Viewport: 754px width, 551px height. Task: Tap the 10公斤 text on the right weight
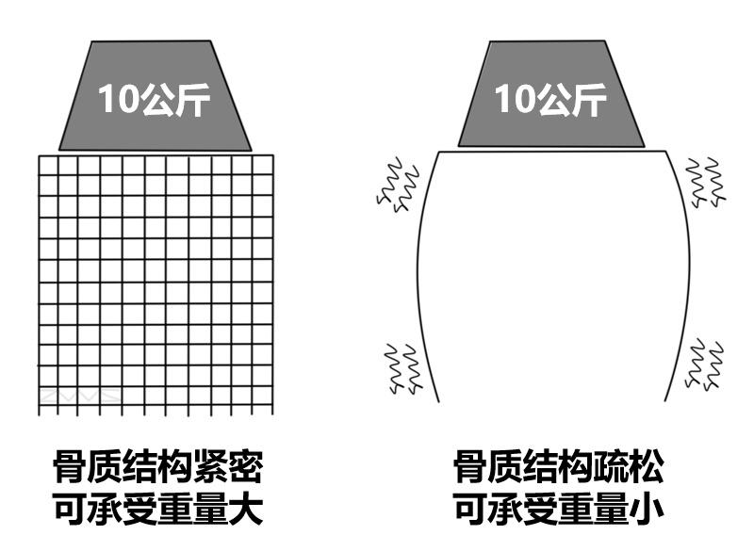551,97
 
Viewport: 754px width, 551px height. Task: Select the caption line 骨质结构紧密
156,467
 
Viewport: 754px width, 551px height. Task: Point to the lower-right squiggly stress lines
705,363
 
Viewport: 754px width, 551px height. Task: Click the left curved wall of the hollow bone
420,273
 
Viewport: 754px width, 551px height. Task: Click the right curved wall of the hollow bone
684,273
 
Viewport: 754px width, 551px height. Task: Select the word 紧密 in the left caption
225,467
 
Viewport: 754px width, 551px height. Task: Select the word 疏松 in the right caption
629,467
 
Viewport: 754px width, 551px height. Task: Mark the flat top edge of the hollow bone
551,149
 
